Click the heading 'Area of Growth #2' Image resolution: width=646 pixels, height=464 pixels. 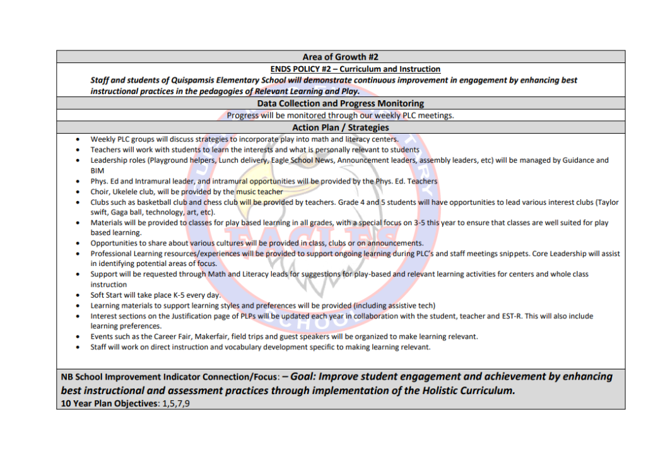340,57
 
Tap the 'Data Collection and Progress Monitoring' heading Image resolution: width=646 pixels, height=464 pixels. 340,103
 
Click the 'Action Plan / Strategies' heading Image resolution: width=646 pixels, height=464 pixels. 340,127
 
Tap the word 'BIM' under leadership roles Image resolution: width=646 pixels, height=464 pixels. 97,170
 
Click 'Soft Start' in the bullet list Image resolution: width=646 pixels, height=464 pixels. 107,295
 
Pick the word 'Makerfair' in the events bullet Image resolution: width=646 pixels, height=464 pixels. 202,337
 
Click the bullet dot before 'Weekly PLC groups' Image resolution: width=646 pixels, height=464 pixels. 77,139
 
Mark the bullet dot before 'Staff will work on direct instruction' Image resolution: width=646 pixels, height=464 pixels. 77,347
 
